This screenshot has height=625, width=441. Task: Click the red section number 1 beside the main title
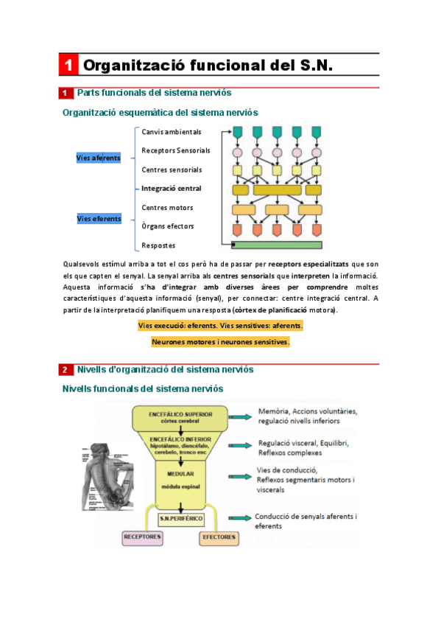point(67,66)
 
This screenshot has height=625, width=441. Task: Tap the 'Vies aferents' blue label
point(98,158)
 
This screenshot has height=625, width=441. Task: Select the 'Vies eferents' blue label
point(98,218)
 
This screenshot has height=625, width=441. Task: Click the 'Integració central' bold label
point(171,189)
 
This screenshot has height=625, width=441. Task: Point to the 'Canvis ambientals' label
point(171,132)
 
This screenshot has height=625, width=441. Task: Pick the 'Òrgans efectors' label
point(168,226)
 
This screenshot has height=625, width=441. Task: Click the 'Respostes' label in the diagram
point(158,245)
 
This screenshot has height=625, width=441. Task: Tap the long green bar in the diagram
point(277,245)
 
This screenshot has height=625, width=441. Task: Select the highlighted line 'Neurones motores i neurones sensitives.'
point(220,342)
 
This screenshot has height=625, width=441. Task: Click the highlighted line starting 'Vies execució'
point(220,325)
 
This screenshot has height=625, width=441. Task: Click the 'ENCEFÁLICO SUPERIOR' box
point(180,418)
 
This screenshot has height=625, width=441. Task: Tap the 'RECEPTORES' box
point(143,537)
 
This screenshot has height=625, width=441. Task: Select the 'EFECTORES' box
point(219,537)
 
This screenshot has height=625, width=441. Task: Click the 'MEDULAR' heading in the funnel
point(180,474)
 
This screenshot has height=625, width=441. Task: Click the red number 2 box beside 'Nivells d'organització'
point(65,369)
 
